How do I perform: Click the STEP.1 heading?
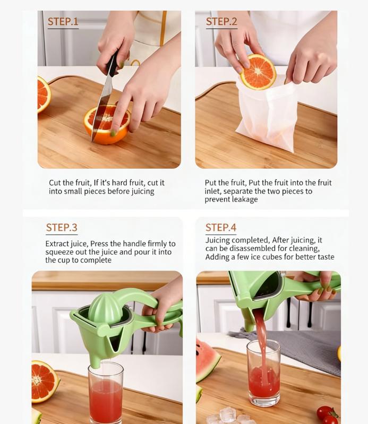(63, 22)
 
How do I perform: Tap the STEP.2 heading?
(221, 22)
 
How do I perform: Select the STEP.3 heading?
(62, 228)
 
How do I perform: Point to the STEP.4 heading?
(221, 228)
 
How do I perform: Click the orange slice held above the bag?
(258, 72)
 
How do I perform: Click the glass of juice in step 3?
(106, 393)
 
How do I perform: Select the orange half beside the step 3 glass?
(44, 380)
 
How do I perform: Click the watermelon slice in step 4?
(207, 361)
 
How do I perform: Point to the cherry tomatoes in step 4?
(327, 414)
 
